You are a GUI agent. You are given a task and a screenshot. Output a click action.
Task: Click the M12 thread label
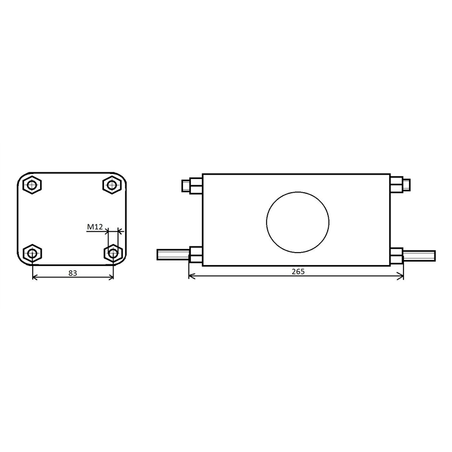[x=95, y=227]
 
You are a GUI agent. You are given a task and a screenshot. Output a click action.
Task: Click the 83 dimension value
[x=73, y=273]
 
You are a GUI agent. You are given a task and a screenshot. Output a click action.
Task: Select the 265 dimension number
[x=298, y=272]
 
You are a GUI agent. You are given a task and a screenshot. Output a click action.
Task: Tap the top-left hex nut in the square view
[x=32, y=185]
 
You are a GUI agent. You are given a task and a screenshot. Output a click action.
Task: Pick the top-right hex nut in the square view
[x=112, y=185]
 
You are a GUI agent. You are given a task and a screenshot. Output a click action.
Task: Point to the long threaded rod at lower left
[x=173, y=255]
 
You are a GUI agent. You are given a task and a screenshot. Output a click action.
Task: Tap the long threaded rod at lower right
[x=419, y=256]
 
